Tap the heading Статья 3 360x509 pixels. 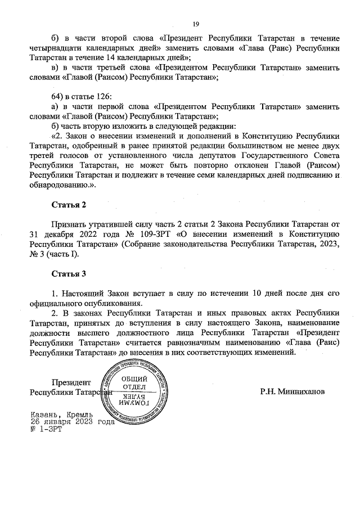click(69, 274)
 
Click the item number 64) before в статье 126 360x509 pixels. click(58, 97)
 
